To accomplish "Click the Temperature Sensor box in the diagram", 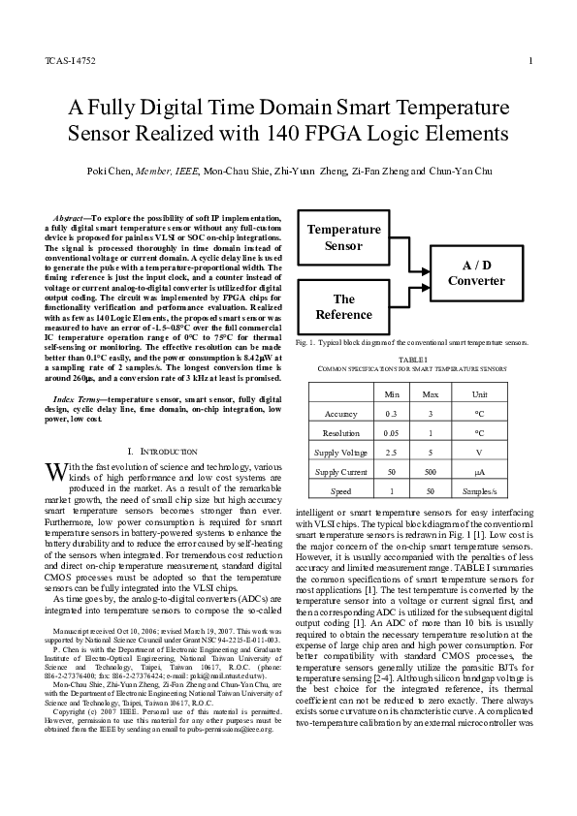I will pos(344,237).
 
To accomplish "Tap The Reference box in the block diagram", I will pos(344,306).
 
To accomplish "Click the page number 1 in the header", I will pos(531,62).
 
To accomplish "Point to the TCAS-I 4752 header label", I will pos(70,62).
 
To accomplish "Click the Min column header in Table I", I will pos(392,394).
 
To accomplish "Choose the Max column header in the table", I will pos(430,394).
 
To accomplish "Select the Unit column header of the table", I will pos(479,394).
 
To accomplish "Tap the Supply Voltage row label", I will pos(340,453).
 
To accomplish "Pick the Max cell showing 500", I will pos(430,472).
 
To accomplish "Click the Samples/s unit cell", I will pos(479,491).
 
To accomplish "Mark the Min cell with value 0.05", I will pos(392,433).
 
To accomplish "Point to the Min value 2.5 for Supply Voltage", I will pos(392,453).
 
